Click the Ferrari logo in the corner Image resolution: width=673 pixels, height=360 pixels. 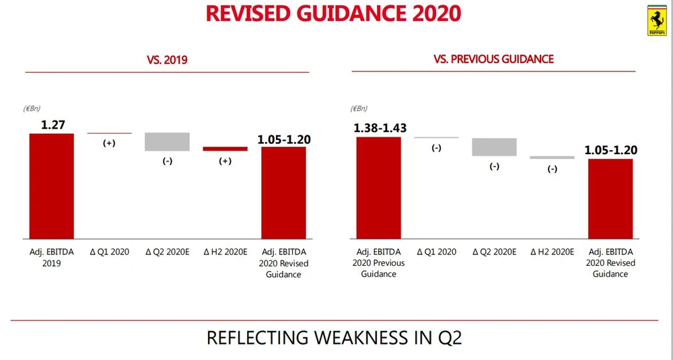coord(656,20)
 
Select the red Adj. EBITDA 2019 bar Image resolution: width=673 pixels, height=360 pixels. coord(51,186)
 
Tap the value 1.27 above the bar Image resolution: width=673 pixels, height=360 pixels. coord(52,124)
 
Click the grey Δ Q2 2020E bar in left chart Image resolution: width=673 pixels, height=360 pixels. coord(167,141)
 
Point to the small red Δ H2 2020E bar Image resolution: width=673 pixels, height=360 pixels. coord(225,149)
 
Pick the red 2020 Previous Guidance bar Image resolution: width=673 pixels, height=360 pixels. coord(378,187)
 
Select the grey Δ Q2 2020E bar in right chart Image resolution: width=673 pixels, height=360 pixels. coord(494,147)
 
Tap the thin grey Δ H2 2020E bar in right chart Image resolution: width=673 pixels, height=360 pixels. coord(552,157)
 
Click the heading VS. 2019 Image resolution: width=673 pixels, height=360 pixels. coord(167,60)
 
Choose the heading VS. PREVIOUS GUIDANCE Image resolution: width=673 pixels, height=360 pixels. coord(493,59)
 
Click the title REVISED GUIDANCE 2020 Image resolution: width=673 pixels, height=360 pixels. coord(334,13)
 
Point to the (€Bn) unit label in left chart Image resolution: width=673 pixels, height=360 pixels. coord(32,108)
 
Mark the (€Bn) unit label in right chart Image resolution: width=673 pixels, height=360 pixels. coord(359,108)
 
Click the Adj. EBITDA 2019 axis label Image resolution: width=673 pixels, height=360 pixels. coord(51,258)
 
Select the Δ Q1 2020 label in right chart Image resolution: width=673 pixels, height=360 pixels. coord(436,252)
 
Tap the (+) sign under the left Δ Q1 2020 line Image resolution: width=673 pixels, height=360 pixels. coord(109,143)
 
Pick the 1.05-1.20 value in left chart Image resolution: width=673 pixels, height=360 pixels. coord(283,139)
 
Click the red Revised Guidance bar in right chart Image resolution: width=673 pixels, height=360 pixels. coord(610,198)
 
